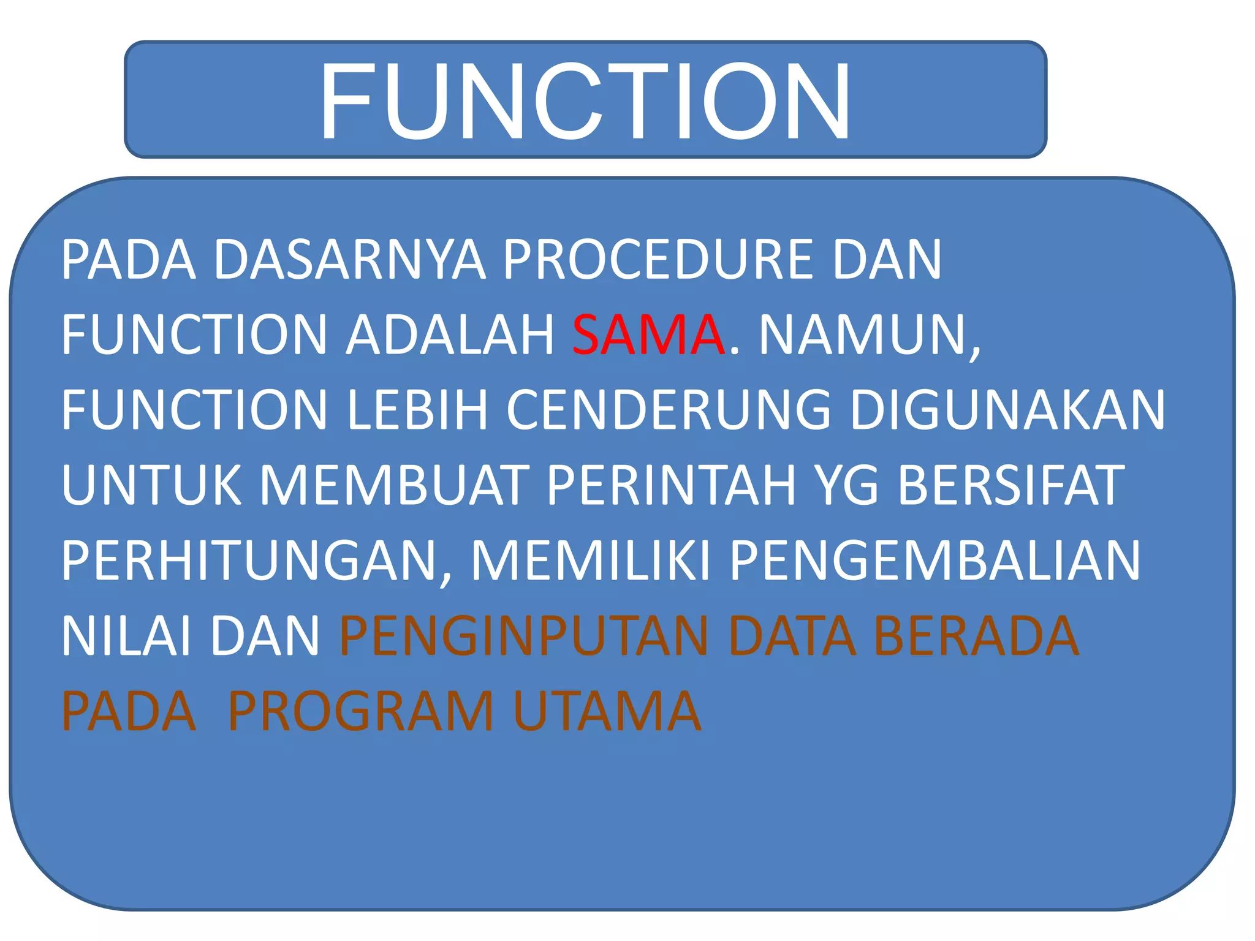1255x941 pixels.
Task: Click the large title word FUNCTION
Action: point(585,102)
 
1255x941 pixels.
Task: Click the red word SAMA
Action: point(648,335)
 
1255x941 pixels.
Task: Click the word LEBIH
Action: point(417,410)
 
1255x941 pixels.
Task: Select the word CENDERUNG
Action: point(669,410)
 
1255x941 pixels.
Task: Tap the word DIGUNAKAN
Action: point(1007,410)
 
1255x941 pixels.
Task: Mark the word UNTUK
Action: point(151,485)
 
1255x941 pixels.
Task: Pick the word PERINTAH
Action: point(670,485)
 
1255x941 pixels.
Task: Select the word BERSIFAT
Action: point(1011,485)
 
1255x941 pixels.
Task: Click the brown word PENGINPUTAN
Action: point(524,637)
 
